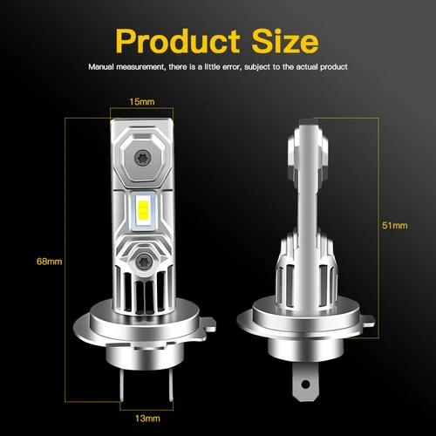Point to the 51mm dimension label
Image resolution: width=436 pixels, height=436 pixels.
coord(394,226)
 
